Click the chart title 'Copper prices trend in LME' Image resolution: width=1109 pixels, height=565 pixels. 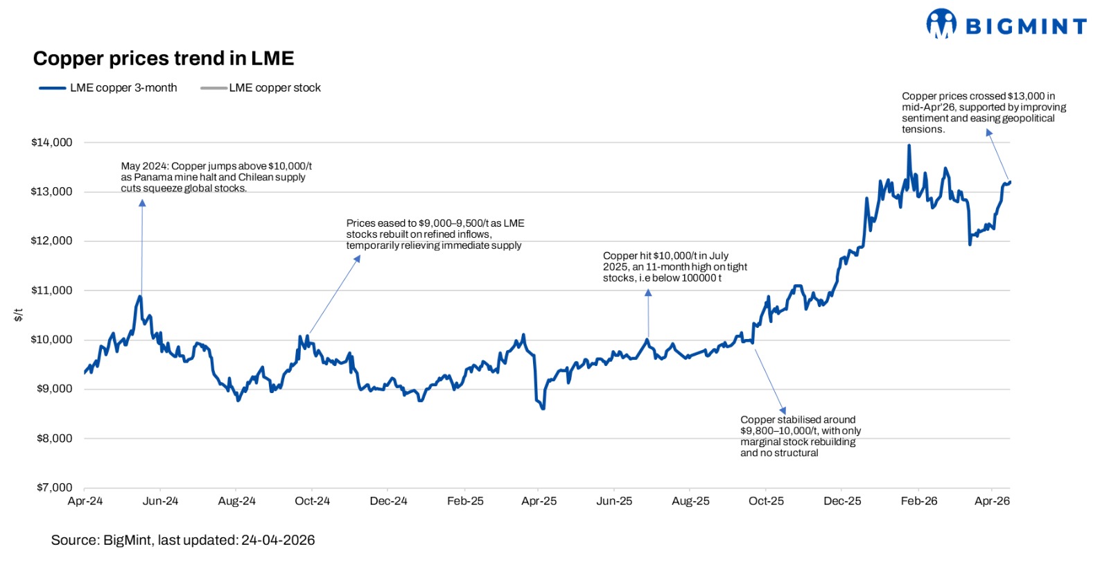click(164, 58)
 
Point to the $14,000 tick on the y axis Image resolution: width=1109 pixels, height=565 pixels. click(52, 142)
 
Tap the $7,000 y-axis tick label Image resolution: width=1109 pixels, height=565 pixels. click(54, 487)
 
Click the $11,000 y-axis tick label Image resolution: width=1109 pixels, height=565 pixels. click(52, 290)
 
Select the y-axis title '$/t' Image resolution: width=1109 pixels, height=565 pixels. click(19, 315)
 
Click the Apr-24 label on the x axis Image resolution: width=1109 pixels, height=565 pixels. click(85, 501)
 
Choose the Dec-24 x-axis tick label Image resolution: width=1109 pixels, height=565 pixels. click(388, 501)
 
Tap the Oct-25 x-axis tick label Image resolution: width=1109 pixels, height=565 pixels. click(766, 501)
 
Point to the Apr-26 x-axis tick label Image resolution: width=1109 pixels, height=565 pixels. click(992, 501)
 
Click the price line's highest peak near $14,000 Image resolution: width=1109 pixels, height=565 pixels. click(909, 146)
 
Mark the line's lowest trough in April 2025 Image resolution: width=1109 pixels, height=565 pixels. click(543, 408)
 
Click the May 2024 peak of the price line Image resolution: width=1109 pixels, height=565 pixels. click(140, 297)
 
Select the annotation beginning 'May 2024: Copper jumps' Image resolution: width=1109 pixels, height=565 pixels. click(216, 177)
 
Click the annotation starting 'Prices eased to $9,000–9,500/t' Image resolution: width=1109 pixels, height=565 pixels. click(435, 234)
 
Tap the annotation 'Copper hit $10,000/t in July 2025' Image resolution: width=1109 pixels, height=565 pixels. click(674, 267)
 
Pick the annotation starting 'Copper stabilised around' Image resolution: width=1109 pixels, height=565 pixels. click(800, 436)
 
